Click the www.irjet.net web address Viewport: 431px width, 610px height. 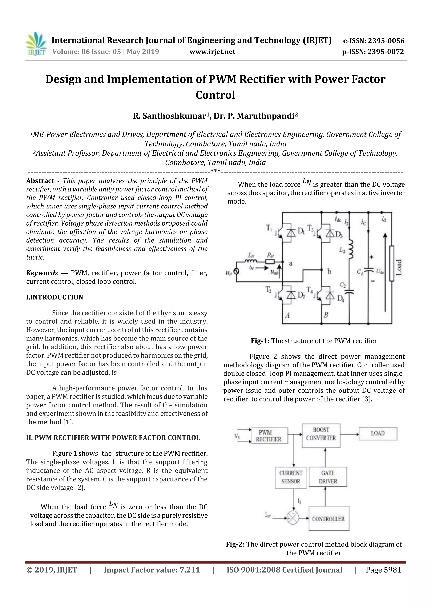pos(212,52)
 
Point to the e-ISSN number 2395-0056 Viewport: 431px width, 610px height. pos(374,41)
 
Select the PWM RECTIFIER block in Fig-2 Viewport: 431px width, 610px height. pos(269,435)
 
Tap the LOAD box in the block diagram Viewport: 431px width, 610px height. pos(378,434)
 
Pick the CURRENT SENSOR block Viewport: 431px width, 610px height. pos(291,477)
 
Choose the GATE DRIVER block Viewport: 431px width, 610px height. pos(328,477)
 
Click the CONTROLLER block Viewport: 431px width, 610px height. pos(329,519)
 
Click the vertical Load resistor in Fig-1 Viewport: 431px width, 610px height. pos(391,263)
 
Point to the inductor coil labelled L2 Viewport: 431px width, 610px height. pos(351,250)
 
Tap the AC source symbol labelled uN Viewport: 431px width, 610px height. pos(236,272)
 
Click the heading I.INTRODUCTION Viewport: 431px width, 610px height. pos(55,297)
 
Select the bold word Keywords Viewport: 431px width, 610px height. pos(42,273)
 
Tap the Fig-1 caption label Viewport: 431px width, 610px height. pos(260,341)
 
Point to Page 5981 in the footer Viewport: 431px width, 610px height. pos(383,570)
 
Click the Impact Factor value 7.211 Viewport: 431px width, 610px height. pos(189,570)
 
